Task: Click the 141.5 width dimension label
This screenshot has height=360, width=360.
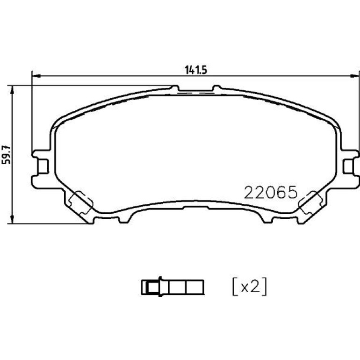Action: point(196,70)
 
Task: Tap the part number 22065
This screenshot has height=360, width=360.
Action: point(271,193)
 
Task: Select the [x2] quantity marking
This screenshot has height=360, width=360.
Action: point(250,286)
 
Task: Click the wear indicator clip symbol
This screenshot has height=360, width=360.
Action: point(173,287)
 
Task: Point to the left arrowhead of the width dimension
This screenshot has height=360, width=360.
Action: point(36,76)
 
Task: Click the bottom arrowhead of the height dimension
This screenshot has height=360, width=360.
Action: point(13,219)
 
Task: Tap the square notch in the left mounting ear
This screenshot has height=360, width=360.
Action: point(43,166)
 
